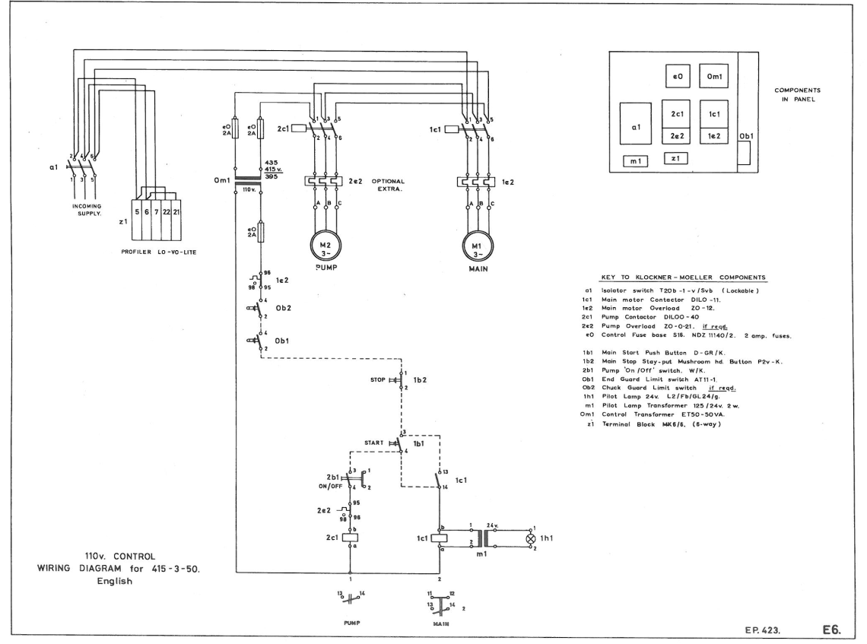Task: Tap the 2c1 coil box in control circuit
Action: tap(350, 536)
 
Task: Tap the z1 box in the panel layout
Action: tap(675, 158)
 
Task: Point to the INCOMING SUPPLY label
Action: tap(88, 209)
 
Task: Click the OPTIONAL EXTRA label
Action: tap(388, 186)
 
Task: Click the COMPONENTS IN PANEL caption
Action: tap(802, 94)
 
